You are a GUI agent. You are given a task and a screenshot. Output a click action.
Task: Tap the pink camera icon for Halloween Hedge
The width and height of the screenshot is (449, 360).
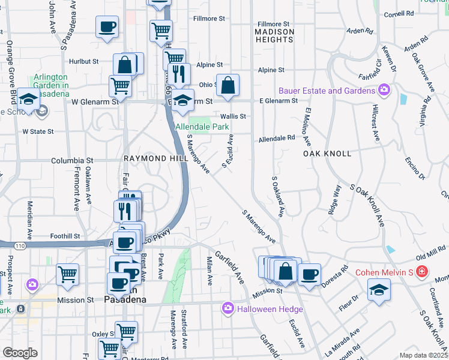pos(228,309)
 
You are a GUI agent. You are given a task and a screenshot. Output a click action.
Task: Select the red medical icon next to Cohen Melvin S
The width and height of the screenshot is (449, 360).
pos(423,272)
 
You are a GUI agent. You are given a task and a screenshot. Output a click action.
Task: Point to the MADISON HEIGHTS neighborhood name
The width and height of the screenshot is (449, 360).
pos(274,35)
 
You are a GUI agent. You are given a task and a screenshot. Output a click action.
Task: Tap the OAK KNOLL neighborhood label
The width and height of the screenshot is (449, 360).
pos(327,154)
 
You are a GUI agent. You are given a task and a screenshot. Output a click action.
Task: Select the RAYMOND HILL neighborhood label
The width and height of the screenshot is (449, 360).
pos(153,158)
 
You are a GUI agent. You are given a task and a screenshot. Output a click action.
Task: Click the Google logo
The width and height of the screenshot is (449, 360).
pos(20,353)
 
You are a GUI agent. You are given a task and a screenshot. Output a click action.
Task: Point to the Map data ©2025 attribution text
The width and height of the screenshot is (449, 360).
pos(423,355)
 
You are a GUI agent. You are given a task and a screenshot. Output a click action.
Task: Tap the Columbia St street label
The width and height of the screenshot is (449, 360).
pos(72,161)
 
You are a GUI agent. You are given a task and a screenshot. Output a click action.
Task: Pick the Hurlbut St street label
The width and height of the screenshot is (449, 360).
pos(83,61)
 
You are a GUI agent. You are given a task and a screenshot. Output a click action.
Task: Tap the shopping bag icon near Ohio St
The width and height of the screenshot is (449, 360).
pos(228,86)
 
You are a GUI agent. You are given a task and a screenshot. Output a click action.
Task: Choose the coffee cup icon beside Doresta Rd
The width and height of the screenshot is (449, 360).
pos(309,275)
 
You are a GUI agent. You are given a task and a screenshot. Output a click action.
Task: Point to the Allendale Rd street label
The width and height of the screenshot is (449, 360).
pos(277,138)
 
